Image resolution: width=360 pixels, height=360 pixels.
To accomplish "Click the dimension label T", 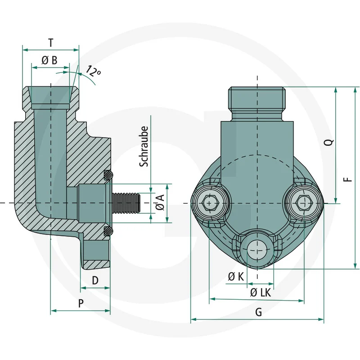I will pos(51,43).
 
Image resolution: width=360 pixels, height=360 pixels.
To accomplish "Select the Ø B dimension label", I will pos(49,61).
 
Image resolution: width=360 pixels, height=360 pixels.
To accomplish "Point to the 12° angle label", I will pos(94,71).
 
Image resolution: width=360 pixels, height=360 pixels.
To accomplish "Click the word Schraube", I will pos(144,147).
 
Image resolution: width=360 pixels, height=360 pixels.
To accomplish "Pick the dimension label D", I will pos(95,280).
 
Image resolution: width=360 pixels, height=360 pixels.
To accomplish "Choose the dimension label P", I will pos(81,303).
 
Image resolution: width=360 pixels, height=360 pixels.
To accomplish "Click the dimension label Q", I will pos(329,142).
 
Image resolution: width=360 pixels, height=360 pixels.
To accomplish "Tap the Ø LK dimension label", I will pos(261,292).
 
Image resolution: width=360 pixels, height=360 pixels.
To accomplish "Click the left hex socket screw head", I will pos(210,204).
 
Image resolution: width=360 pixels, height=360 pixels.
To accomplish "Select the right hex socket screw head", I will pos(304,203).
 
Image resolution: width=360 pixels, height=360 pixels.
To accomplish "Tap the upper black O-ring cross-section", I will pos(108,174).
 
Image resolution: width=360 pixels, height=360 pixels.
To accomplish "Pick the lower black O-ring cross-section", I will pos(108,231).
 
